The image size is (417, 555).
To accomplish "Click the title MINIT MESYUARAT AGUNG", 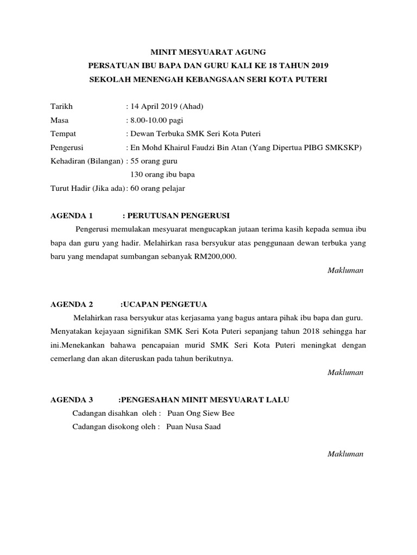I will coord(208,52).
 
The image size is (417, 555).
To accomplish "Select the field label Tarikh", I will coord(61,106).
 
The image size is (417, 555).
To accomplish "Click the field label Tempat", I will coord(63,133).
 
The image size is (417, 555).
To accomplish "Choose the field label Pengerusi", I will coord(67,147).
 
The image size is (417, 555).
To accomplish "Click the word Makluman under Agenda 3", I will coord(345,454).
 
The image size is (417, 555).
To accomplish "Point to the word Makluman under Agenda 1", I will coord(345,270).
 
